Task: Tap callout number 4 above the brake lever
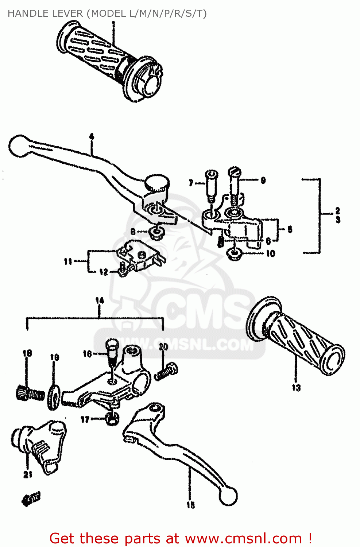click(92, 137)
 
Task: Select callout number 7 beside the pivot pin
click(191, 183)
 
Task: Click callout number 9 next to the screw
click(263, 180)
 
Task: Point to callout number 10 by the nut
click(270, 253)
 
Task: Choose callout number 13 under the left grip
click(296, 388)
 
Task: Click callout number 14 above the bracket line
click(100, 300)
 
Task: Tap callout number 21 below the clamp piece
click(28, 474)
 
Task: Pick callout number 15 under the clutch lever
click(191, 505)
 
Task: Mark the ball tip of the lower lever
click(228, 496)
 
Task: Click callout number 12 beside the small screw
click(104, 272)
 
